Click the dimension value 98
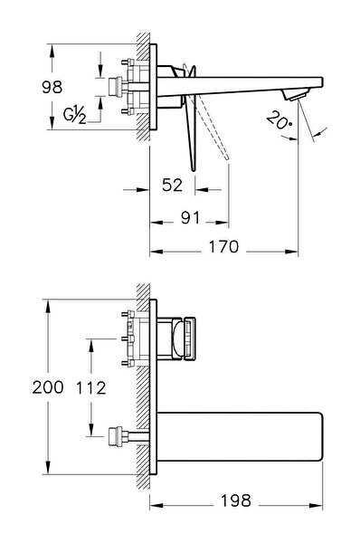[x=52, y=87]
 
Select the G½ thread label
[x=74, y=114]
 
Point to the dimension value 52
[x=172, y=185]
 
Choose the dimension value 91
[x=190, y=218]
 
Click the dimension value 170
[x=223, y=246]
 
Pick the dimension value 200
[x=48, y=386]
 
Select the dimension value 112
[x=90, y=387]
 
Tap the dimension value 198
[x=236, y=500]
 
